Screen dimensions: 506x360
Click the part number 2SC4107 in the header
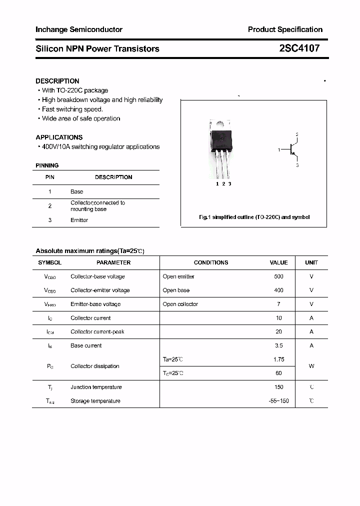coord(299,48)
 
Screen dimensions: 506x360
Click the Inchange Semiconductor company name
coord(79,29)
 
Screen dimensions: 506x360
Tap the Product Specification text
coord(285,29)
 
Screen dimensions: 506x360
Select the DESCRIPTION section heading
coord(57,81)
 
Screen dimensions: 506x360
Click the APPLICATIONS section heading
coord(59,137)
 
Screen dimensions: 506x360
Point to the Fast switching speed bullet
coord(72,109)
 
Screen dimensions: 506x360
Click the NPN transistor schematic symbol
coord(292,149)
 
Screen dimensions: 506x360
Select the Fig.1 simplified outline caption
coord(254,217)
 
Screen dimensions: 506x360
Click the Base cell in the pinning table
coord(76,191)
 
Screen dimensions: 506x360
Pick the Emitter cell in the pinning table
coord(79,220)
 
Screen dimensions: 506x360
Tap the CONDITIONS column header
coord(211,262)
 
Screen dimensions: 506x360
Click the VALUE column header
coord(278,262)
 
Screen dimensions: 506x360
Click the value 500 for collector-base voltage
coord(278,276)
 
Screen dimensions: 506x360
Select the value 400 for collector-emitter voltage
coord(278,290)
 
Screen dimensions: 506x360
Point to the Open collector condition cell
coord(180,304)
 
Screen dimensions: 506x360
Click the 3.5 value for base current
coord(278,345)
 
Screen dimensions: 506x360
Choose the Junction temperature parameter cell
coord(96,387)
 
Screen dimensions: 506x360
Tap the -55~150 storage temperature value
coord(278,401)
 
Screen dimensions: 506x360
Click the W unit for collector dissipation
coord(311,366)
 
